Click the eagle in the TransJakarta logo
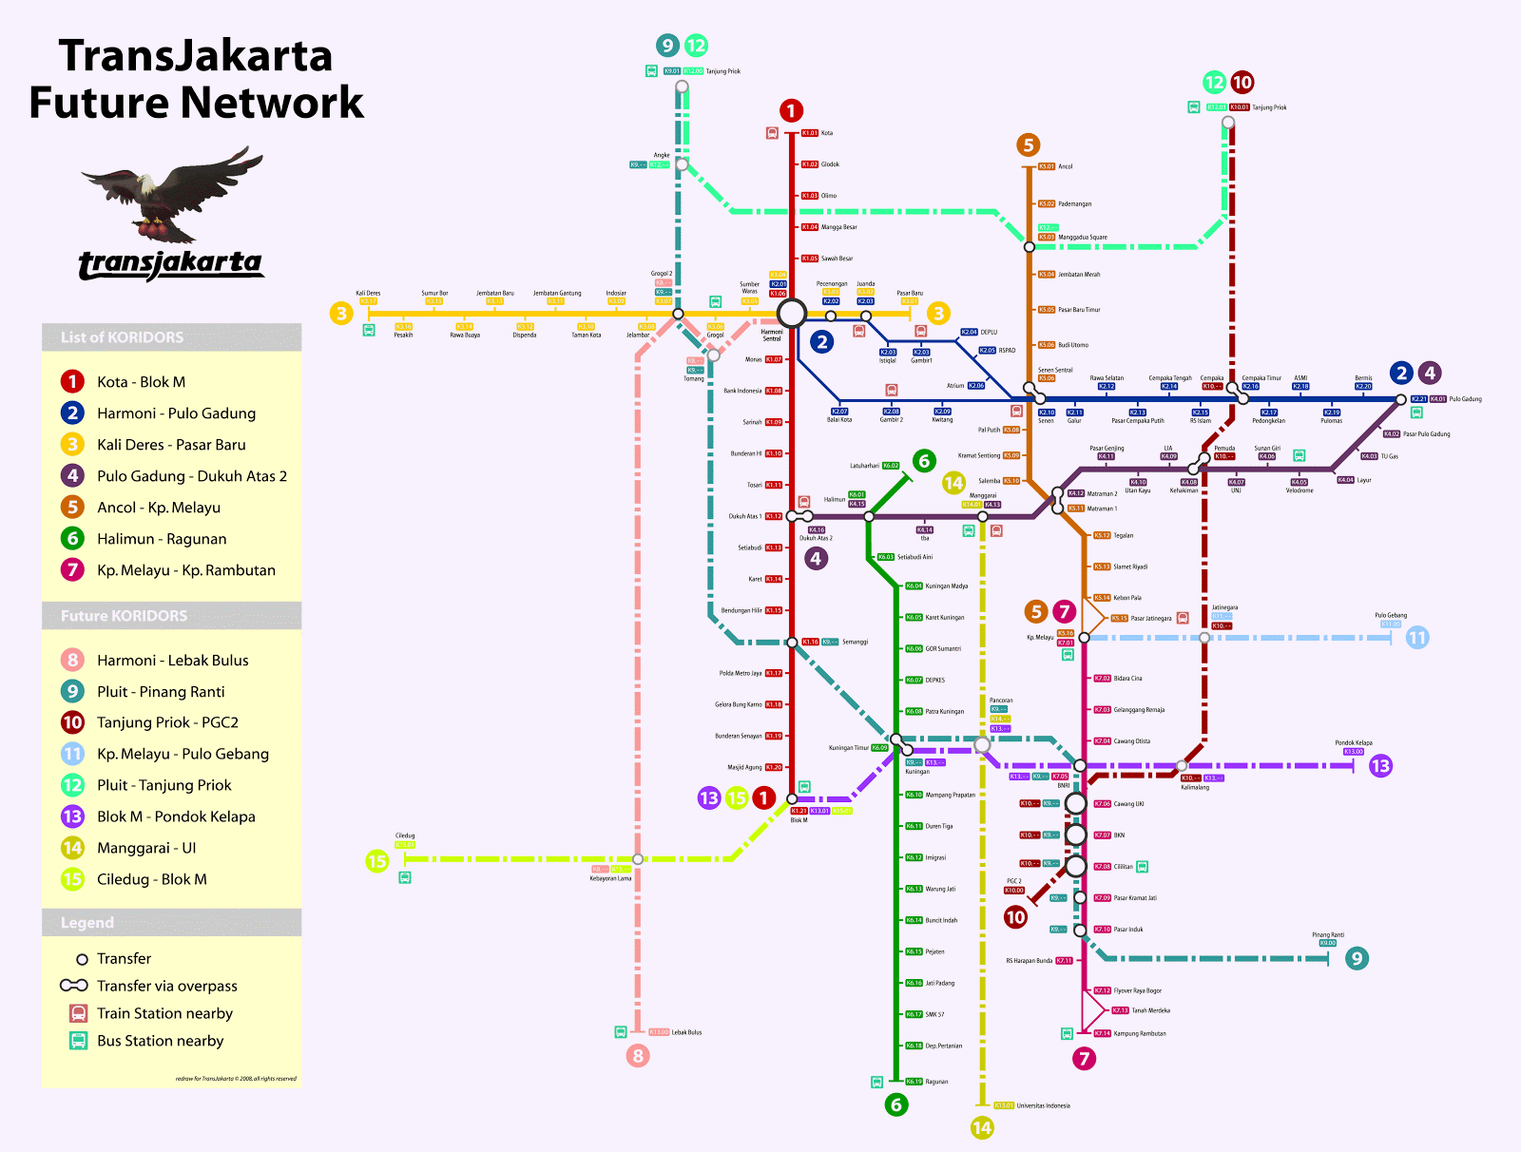click(x=171, y=195)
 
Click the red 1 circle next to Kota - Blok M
click(x=72, y=382)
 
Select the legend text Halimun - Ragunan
click(x=162, y=539)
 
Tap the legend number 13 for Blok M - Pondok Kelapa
click(x=72, y=816)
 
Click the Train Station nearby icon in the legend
click(x=79, y=1013)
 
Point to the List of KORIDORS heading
click(x=122, y=337)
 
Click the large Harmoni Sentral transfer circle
click(x=791, y=313)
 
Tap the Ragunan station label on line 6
click(x=936, y=1082)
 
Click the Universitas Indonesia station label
click(x=1043, y=1105)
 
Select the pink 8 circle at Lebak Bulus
click(x=638, y=1055)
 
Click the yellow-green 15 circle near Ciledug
click(x=377, y=861)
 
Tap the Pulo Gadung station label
click(x=1465, y=399)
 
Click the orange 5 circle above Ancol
click(x=1028, y=145)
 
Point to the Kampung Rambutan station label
click(x=1139, y=1033)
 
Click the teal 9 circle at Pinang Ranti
click(x=1357, y=959)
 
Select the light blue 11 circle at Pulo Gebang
click(x=1416, y=638)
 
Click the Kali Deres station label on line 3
click(x=368, y=294)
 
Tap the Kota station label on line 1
click(x=827, y=133)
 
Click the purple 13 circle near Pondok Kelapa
click(x=1380, y=765)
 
